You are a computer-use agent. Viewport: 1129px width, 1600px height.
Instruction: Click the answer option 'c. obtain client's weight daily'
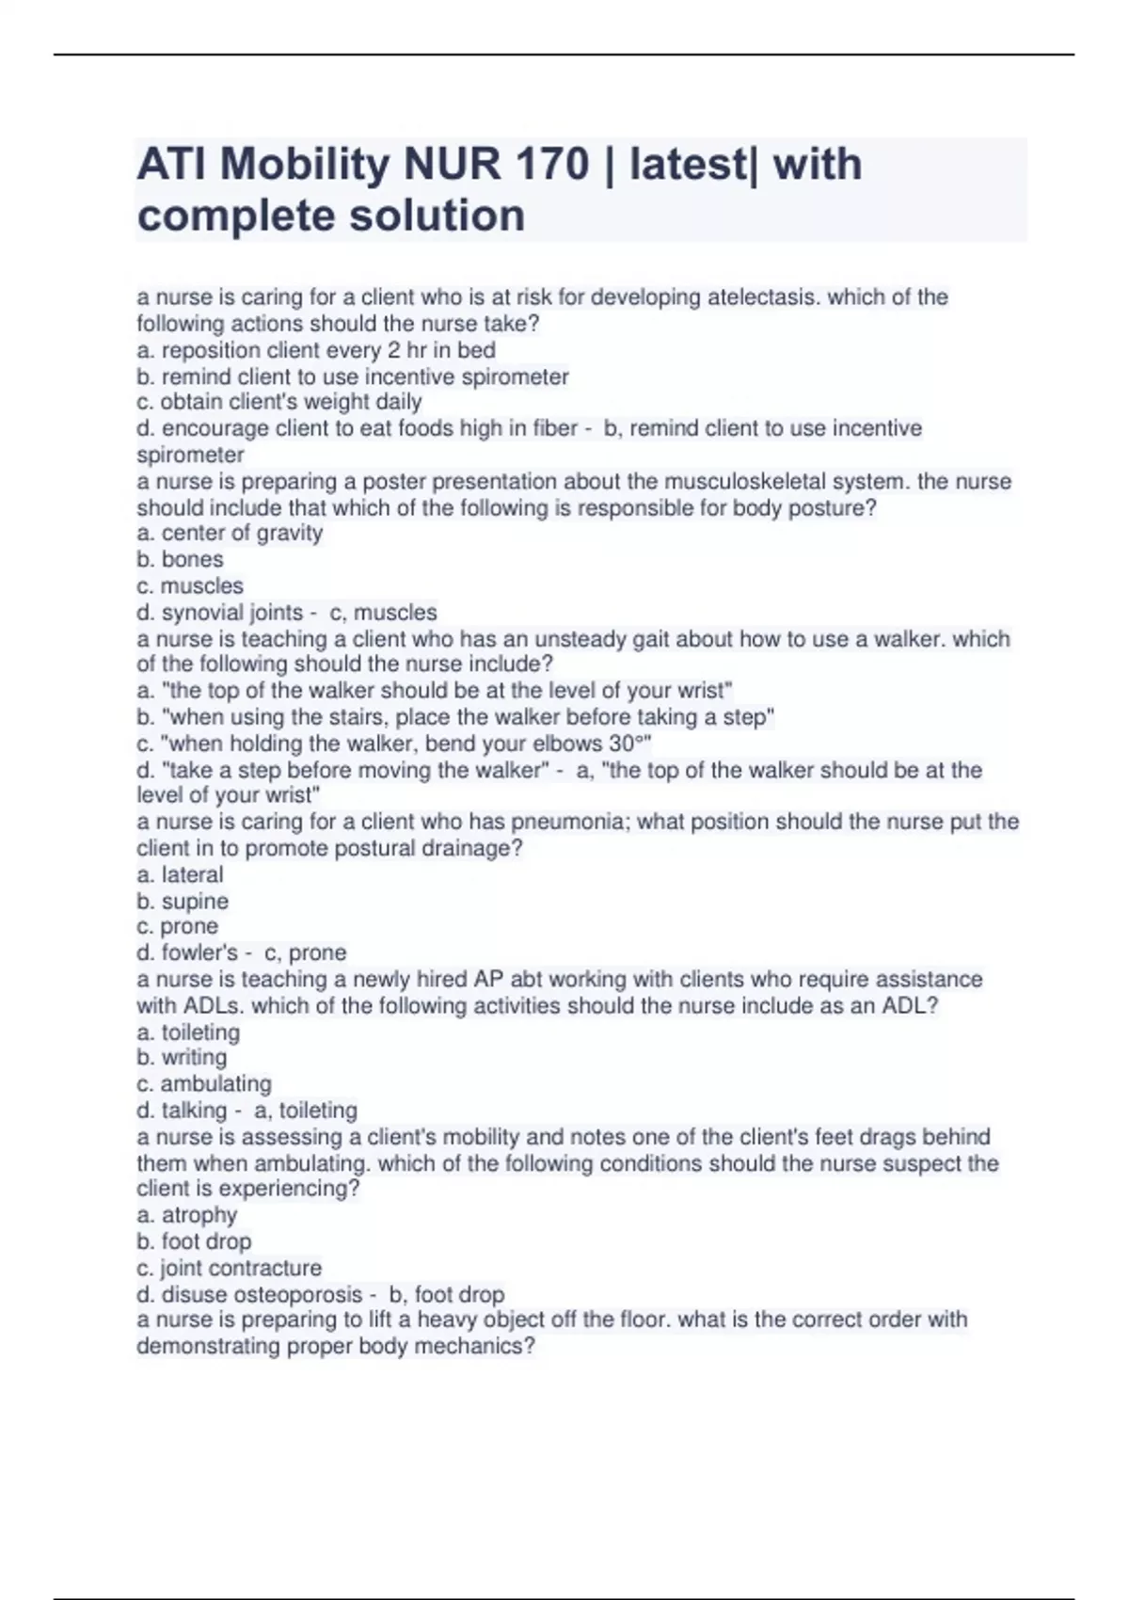(x=279, y=402)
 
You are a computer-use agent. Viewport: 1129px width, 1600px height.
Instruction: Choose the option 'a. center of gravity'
(x=230, y=533)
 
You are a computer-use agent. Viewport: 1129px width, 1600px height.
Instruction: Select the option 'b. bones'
(x=180, y=559)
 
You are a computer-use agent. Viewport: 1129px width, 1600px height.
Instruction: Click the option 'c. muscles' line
(x=190, y=585)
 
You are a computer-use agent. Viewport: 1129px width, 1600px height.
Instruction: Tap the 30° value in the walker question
(x=628, y=744)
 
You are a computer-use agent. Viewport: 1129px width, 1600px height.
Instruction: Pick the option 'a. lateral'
(x=180, y=874)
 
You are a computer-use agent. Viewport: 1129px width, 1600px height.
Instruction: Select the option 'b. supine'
(x=183, y=901)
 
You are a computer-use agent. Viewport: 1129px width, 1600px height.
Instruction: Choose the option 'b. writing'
(x=182, y=1057)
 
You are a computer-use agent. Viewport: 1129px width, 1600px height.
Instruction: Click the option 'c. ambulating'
(x=204, y=1083)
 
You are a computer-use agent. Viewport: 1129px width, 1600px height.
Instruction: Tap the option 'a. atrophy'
(x=186, y=1215)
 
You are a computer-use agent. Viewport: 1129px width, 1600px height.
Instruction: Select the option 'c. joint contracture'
(x=229, y=1268)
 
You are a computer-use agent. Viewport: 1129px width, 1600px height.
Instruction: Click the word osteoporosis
(x=297, y=1294)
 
